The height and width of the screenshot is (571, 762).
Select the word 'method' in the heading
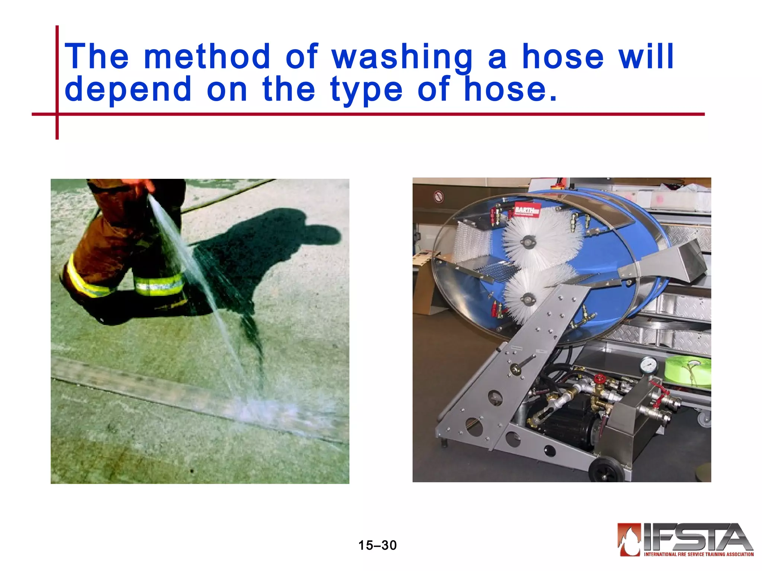[x=207, y=57]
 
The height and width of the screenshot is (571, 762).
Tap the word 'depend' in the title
[x=128, y=90]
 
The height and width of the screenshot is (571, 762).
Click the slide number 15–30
[x=377, y=545]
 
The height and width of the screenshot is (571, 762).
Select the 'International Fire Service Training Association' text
[x=699, y=554]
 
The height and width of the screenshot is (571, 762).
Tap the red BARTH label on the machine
[x=527, y=210]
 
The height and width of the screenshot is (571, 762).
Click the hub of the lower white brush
[x=528, y=298]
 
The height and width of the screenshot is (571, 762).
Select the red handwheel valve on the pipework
[x=599, y=380]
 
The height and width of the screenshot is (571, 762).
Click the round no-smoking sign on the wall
[x=439, y=196]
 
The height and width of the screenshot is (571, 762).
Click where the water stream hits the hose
[x=260, y=407]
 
